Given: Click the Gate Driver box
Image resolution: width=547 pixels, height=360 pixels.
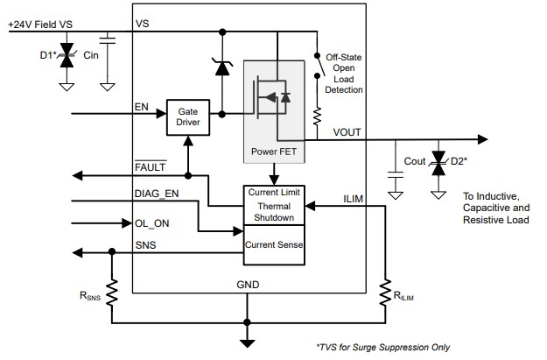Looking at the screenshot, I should (x=188, y=118).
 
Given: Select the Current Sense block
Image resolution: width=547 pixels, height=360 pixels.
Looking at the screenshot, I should (x=274, y=245).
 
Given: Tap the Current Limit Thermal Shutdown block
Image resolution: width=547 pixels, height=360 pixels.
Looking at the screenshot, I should (x=274, y=205).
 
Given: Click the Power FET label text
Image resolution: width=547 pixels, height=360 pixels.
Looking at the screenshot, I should (x=274, y=150).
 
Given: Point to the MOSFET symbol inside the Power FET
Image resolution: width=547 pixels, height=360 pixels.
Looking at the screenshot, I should (x=274, y=97).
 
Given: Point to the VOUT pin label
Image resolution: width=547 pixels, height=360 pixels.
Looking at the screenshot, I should (x=347, y=131).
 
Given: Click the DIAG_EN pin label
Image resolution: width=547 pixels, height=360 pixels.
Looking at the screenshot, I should (x=158, y=194).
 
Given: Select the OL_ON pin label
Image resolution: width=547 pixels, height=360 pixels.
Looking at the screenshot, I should (x=151, y=222).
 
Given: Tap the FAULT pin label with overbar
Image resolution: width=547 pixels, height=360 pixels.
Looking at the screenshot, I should (x=150, y=166).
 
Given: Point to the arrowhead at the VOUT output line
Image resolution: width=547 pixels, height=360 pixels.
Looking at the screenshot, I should (x=480, y=139).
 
